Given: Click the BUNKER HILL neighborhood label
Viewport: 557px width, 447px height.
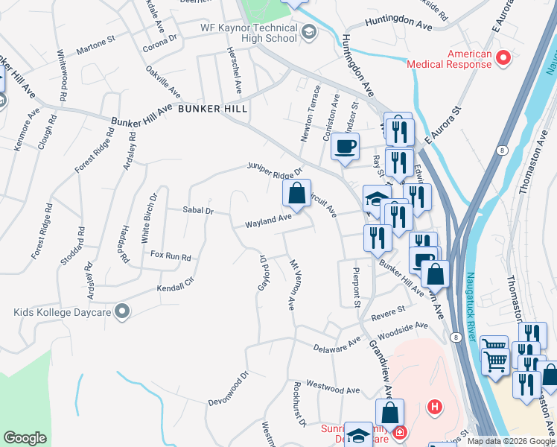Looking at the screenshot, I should [212, 109].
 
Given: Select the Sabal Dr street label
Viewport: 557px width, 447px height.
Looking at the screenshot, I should [198, 211].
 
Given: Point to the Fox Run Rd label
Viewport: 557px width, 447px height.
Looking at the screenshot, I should [171, 256].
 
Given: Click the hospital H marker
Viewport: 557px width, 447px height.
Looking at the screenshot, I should [435, 407].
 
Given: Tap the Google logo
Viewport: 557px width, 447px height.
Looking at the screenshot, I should [25, 438].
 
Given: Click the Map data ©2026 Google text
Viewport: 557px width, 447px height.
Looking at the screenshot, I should [511, 441].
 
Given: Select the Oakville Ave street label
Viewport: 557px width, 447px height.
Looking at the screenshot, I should [165, 83].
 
